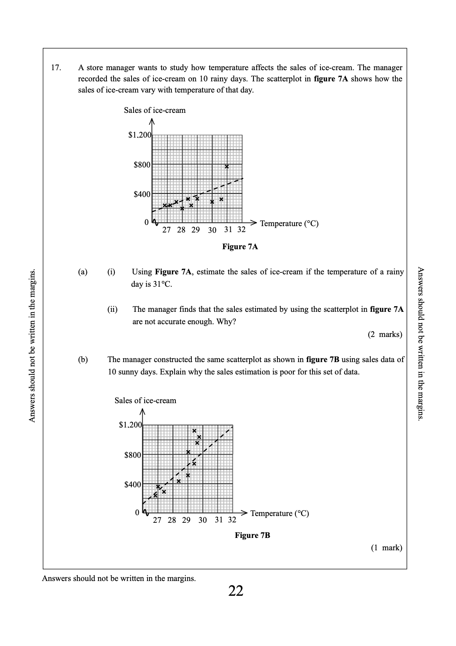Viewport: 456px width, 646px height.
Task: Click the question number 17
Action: coord(56,68)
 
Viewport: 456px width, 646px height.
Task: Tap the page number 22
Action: coord(236,591)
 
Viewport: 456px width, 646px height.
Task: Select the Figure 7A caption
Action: coord(240,247)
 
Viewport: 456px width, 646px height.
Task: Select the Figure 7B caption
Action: coord(252,535)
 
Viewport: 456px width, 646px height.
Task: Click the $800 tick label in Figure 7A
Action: coord(142,165)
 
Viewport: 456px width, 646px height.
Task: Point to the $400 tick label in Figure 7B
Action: coord(133,484)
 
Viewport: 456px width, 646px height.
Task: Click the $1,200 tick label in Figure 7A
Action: coord(140,135)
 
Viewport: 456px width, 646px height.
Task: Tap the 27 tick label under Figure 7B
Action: coord(157,520)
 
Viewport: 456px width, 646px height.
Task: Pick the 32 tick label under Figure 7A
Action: coord(241,230)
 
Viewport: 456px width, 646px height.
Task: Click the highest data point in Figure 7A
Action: coord(226,167)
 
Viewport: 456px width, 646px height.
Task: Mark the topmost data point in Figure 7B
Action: coord(194,431)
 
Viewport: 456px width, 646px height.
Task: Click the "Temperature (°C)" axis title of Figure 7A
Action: coord(289,223)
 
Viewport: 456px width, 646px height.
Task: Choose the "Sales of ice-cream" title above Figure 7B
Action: coord(145,400)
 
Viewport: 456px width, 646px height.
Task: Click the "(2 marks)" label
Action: coord(385,335)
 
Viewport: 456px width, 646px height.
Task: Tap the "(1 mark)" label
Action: coord(386,548)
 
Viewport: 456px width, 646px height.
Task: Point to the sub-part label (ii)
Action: coord(112,309)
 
